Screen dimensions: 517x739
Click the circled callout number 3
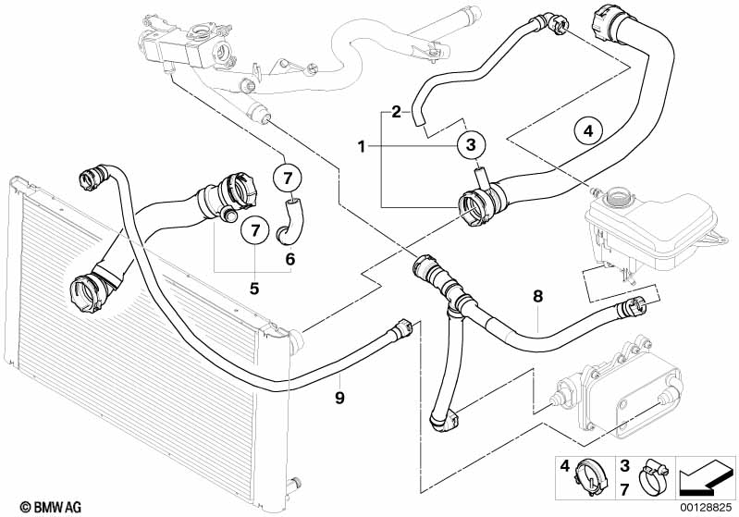pyautogui.click(x=471, y=144)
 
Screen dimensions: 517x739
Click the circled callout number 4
pyautogui.click(x=587, y=131)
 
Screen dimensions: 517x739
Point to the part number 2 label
pyautogui.click(x=395, y=112)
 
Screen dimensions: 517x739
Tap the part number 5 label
pyautogui.click(x=254, y=288)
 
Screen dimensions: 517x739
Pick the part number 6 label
pyautogui.click(x=290, y=260)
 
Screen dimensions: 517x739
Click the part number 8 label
pyautogui.click(x=537, y=297)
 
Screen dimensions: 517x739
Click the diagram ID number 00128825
pyautogui.click(x=708, y=508)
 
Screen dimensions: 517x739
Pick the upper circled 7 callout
pyautogui.click(x=287, y=176)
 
